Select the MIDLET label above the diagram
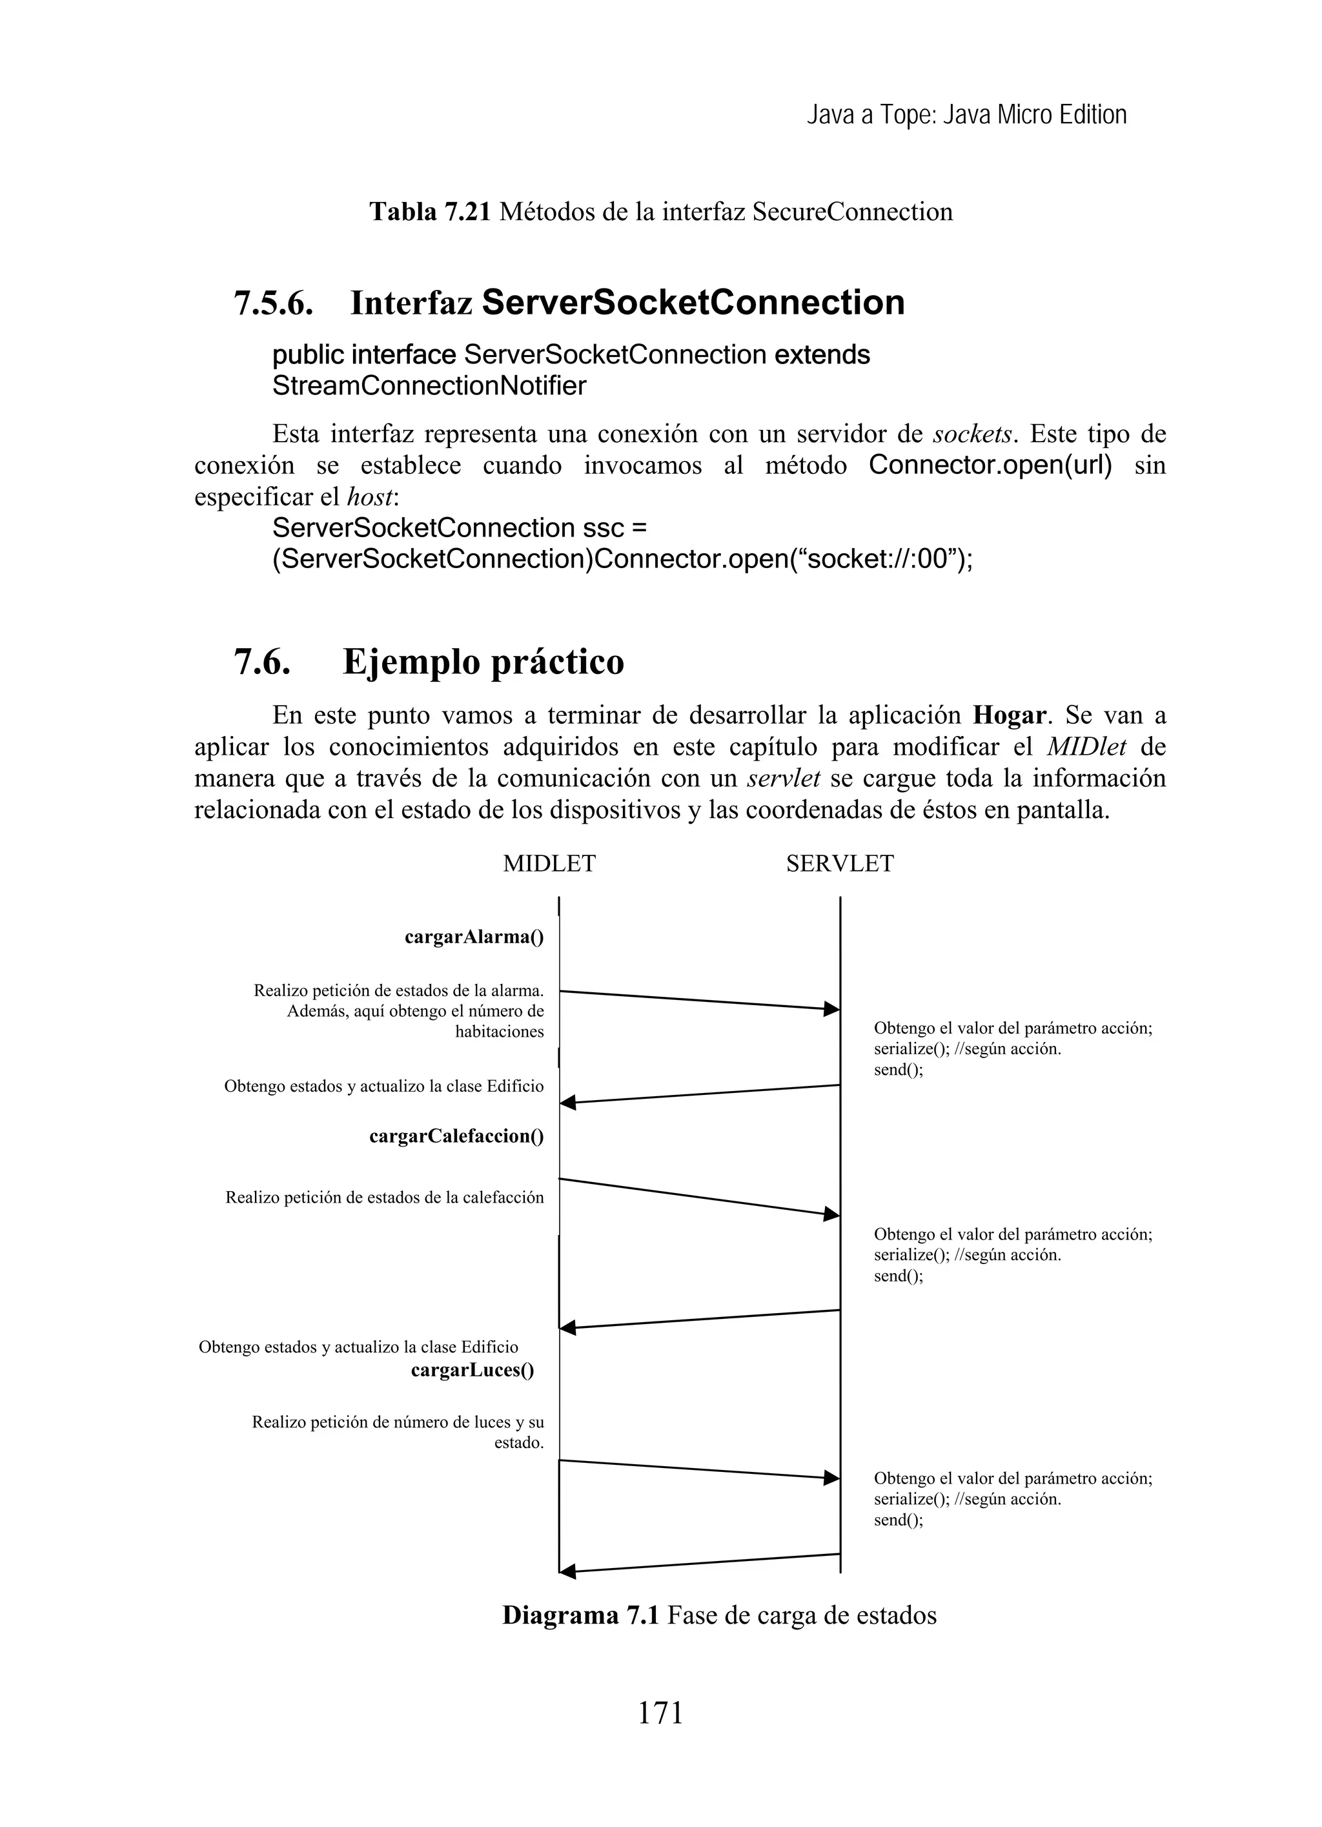[x=549, y=864]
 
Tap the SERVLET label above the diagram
[x=839, y=864]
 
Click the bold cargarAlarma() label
[x=474, y=937]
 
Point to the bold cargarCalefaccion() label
[x=456, y=1137]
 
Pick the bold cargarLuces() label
[x=472, y=1370]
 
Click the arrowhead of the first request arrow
[x=831, y=1008]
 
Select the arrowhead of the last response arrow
[x=568, y=1571]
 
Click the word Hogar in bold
[x=1010, y=715]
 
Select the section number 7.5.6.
[x=273, y=303]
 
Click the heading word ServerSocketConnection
[x=693, y=303]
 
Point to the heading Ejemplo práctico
[x=483, y=662]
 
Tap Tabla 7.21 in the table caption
[x=429, y=212]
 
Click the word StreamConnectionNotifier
[x=429, y=387]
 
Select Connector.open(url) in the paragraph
[x=990, y=465]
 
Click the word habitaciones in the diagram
[x=499, y=1032]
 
